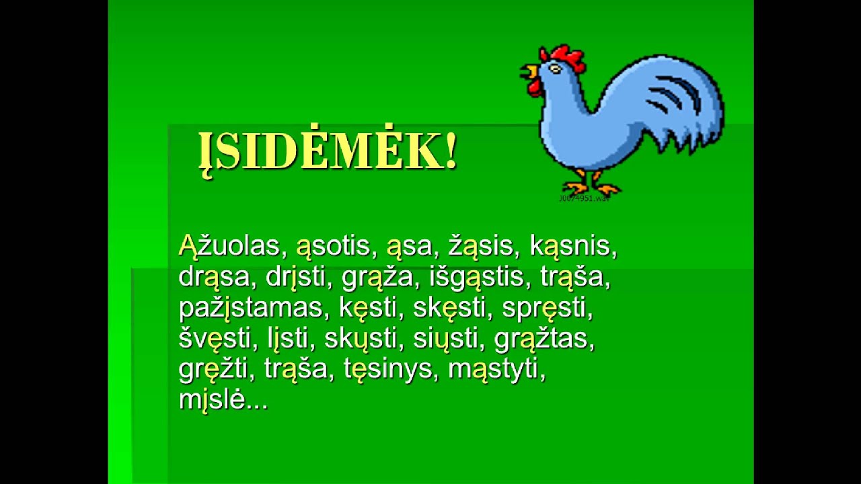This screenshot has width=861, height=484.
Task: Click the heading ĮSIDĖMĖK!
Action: coord(328,153)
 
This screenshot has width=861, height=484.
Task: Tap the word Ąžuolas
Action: coord(229,246)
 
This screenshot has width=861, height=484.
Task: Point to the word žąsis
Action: coord(481,246)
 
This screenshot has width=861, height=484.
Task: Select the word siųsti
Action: coord(445,339)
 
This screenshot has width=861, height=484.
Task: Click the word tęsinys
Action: coord(387,370)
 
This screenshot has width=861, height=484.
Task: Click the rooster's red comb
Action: coord(565,57)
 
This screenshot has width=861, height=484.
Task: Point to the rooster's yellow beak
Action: coord(531,71)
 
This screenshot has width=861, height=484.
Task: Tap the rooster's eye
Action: coord(555,69)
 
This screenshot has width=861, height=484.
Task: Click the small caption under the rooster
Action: coord(583,199)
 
